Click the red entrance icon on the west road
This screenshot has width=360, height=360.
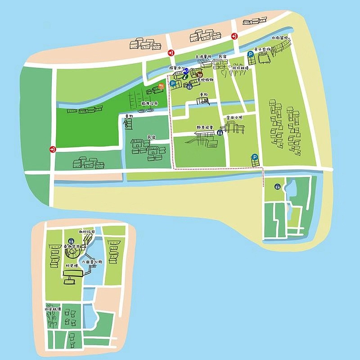tap(53, 149)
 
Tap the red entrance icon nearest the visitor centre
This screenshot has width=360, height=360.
tap(171, 53)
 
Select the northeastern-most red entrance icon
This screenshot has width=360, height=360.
tap(234, 36)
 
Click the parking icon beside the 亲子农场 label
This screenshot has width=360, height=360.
tap(251, 54)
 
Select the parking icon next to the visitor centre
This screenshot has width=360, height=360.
tap(172, 83)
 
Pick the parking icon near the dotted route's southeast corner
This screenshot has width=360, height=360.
tap(255, 157)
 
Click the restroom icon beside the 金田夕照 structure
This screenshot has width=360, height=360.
tap(220, 132)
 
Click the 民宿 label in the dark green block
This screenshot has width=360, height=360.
tap(152, 136)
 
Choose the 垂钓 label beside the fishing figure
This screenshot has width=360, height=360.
tap(129, 117)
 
